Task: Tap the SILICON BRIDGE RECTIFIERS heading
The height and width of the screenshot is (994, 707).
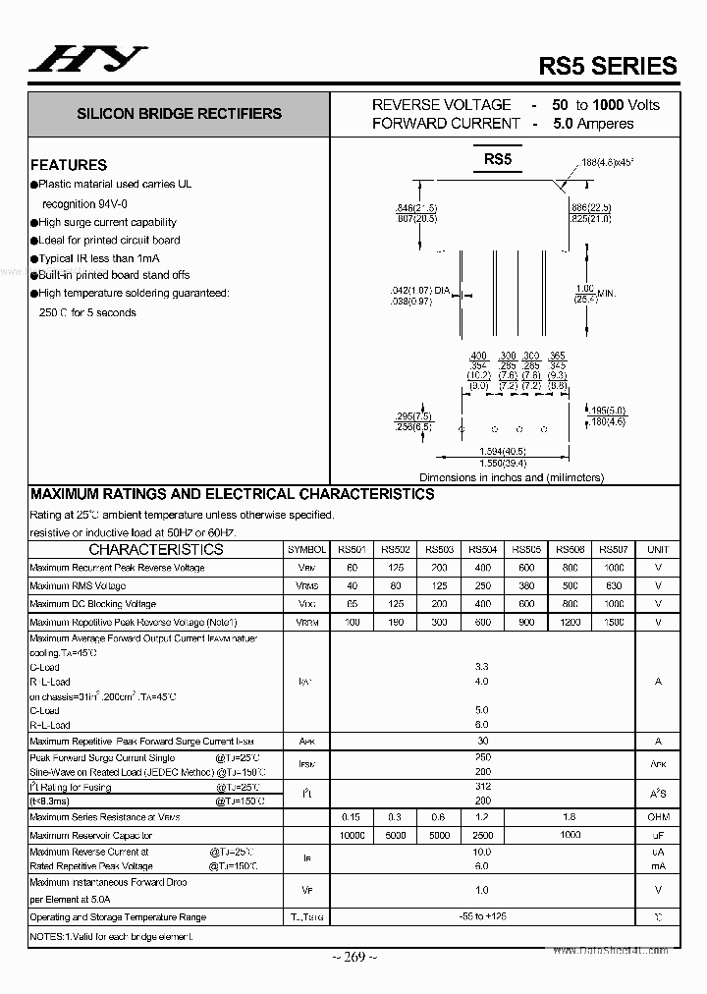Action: point(179,114)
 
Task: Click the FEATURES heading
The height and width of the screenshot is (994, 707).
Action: point(69,165)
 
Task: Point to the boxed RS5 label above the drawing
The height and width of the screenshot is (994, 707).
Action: point(497,160)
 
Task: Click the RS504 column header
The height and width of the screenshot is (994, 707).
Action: point(482,550)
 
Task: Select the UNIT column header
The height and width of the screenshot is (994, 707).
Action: point(658,550)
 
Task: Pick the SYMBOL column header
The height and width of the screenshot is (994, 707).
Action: point(307,550)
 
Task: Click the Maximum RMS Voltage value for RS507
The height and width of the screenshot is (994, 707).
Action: point(614,586)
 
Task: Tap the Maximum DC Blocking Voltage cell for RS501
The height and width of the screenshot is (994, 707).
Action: point(352,604)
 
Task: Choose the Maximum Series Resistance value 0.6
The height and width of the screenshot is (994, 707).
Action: point(439,817)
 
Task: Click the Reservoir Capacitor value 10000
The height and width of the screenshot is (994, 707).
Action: point(352,836)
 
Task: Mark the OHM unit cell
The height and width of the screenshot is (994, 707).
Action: point(658,817)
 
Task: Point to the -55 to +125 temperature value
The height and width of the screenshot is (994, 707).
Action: point(482,916)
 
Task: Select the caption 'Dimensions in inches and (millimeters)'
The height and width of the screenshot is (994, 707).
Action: point(512,477)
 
